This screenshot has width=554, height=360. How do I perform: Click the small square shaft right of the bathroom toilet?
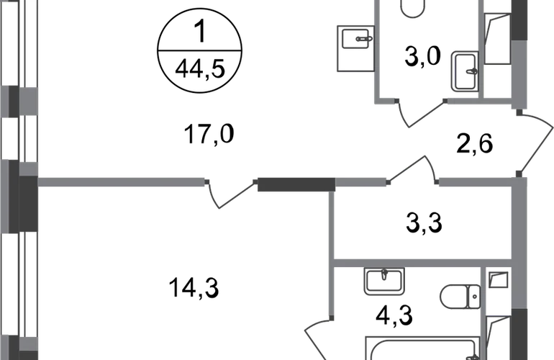(497, 280)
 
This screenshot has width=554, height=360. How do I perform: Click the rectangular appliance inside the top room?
(464, 70)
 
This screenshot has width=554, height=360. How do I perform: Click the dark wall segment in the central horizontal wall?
(296, 184)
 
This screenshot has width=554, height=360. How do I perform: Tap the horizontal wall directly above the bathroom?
(422, 258)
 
